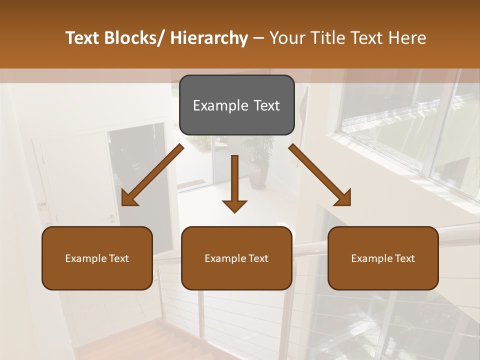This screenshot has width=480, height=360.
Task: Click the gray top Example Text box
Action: [x=236, y=105]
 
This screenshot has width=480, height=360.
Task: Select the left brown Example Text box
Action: [x=97, y=258]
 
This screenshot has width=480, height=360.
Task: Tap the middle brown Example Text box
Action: [x=236, y=258]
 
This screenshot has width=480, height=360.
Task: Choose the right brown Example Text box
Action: [x=383, y=258]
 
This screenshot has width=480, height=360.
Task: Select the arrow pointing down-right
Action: [x=319, y=174]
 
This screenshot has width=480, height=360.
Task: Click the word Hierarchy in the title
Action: [x=209, y=38]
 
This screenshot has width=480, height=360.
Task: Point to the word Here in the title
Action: [x=407, y=38]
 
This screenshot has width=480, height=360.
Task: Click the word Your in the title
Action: [x=287, y=38]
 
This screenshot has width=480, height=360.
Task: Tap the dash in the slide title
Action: [x=258, y=38]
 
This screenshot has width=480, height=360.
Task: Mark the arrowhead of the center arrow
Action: [x=234, y=205]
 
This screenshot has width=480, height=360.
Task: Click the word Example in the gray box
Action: [x=213, y=105]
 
